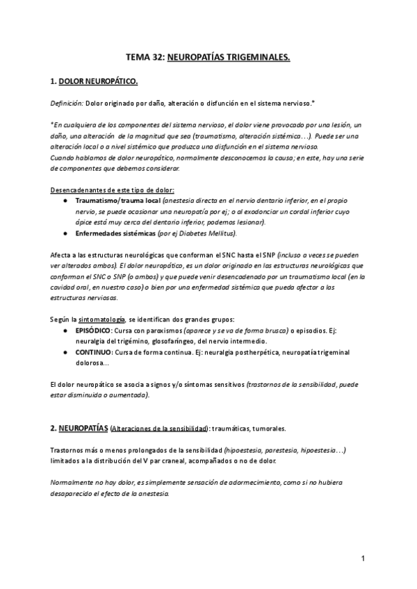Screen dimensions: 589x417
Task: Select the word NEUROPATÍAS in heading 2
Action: (83, 428)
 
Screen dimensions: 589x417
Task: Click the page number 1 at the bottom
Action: (363, 558)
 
